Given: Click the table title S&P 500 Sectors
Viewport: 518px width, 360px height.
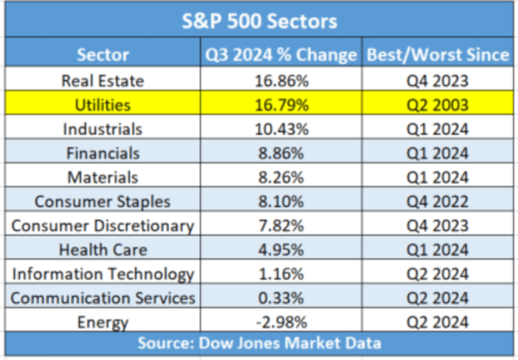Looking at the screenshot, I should point(260,21).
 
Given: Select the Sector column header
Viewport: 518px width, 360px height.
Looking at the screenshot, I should point(103,54).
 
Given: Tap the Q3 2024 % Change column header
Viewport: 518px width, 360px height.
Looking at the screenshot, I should point(281,54).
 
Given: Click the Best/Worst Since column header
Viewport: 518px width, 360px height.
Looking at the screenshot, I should point(438,54).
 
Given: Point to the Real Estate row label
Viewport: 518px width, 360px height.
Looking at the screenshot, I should point(103,81).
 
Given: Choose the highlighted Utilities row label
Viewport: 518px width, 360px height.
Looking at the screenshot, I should point(103,105).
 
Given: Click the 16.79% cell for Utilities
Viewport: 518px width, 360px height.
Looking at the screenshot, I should point(281,105).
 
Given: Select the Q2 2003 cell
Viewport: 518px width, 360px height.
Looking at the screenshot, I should point(438,105).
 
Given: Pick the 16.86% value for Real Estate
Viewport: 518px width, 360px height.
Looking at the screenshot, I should point(281,81).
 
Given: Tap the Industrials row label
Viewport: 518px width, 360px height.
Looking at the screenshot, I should point(103,129).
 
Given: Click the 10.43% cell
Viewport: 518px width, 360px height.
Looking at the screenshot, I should point(281,129).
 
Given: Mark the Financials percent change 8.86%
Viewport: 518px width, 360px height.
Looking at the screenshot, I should point(281,153).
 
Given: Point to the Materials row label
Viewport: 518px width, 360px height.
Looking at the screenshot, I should point(103,177).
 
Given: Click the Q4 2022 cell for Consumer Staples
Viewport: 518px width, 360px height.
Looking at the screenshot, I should point(438,201).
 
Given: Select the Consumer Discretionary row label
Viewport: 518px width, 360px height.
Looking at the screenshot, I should point(103,226).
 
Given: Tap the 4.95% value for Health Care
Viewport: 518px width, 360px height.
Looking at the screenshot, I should point(281,250).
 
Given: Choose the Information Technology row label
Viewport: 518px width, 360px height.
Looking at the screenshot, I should point(103,274).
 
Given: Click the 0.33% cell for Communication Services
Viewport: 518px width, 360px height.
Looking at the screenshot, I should point(281,298).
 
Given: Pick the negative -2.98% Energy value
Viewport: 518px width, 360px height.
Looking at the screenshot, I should point(281,322).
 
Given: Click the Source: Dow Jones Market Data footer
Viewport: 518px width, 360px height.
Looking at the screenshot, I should point(260,343).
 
